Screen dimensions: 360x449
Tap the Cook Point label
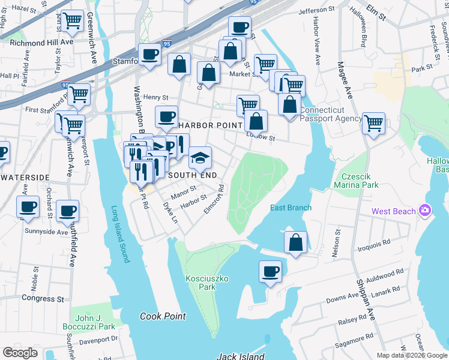[163, 316]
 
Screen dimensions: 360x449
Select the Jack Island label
[241, 356]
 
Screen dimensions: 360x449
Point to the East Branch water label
[291, 208]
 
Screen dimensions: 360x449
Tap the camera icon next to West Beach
[426, 211]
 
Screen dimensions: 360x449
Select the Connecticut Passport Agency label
[331, 115]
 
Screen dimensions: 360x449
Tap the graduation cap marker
[200, 158]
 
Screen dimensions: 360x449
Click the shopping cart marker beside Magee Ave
[373, 124]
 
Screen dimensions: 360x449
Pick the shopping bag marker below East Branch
[295, 243]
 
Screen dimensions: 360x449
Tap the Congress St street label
[43, 298]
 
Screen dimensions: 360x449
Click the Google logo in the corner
[20, 353]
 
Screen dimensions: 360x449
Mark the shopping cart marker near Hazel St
[72, 21]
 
